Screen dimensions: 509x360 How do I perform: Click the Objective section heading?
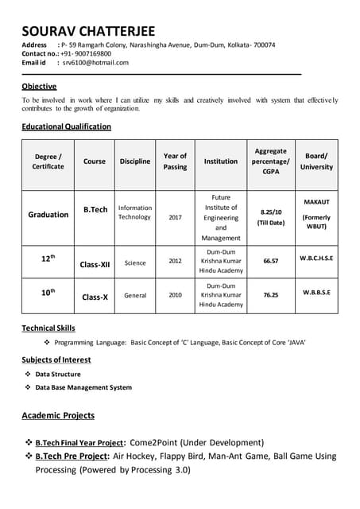[x=39, y=86]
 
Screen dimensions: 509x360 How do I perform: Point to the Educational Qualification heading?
[x=66, y=126]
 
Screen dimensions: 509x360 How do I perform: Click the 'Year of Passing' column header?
[x=175, y=161]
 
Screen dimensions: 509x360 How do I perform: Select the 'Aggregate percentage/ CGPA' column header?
[x=270, y=161]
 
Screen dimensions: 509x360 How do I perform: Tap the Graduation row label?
[x=48, y=215]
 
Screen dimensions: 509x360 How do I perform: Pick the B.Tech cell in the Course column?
[x=95, y=210]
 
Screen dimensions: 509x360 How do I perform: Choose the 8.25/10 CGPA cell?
[x=271, y=212]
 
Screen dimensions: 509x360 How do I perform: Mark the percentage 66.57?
[x=270, y=261]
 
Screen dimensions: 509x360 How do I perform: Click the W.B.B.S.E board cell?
[x=316, y=292]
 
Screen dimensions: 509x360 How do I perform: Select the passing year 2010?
[x=175, y=295]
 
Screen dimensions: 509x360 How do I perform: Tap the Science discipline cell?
[x=135, y=262]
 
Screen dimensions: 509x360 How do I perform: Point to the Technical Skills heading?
[x=48, y=328]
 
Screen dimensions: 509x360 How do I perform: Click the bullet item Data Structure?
[x=58, y=374]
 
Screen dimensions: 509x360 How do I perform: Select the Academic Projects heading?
[x=58, y=415]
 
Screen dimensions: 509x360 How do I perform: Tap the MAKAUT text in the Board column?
[x=316, y=202]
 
